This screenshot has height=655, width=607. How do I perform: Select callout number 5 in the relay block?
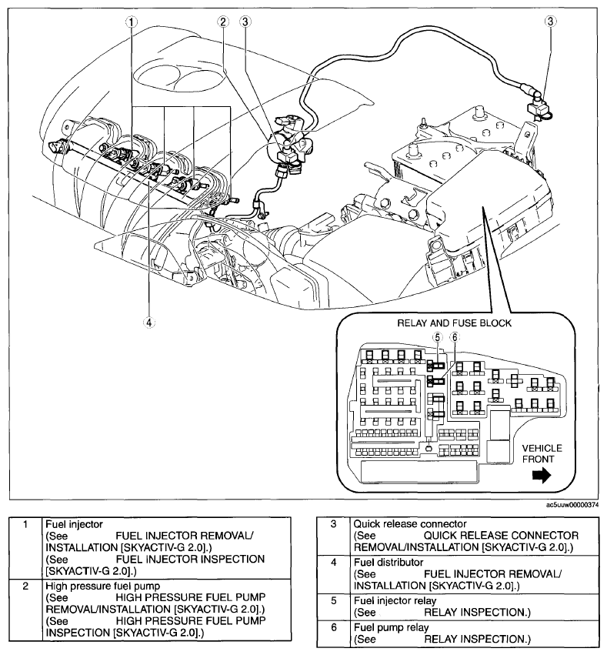tap(436, 337)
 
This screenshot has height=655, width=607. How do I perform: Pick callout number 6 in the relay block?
tap(454, 337)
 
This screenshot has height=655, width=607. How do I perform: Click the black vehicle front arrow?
tap(542, 476)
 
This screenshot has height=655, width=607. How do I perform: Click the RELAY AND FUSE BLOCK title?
tap(454, 322)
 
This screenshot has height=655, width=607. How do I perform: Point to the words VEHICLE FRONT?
tap(542, 453)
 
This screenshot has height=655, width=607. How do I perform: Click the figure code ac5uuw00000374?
tap(571, 505)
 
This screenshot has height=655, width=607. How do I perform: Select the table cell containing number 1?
tap(25, 524)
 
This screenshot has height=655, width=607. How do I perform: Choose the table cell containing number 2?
tap(25, 586)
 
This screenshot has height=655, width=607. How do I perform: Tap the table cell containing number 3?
tap(333, 524)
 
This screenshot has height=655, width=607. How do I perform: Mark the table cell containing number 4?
tap(333, 563)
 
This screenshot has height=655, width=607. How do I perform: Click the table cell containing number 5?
tap(333, 601)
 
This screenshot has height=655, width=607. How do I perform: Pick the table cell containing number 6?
tap(333, 628)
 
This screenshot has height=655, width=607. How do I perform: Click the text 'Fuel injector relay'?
tap(395, 601)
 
